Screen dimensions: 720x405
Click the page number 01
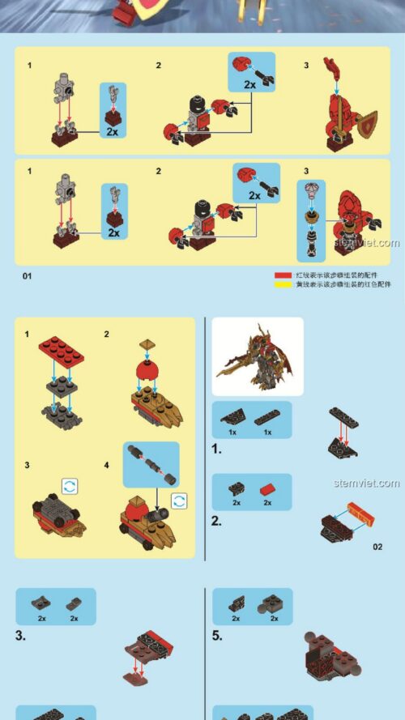27,277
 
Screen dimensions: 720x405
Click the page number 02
377,547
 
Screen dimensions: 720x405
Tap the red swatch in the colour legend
282,275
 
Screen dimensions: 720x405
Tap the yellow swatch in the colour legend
282,285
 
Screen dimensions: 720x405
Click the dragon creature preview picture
257,356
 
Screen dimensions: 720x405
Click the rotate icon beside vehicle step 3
70,485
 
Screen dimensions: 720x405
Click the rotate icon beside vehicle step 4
180,500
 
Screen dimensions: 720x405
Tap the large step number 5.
217,636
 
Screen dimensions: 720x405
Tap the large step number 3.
20,636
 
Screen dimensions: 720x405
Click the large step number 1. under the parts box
216,448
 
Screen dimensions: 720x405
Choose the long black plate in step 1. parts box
268,419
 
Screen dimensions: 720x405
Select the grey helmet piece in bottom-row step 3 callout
313,192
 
